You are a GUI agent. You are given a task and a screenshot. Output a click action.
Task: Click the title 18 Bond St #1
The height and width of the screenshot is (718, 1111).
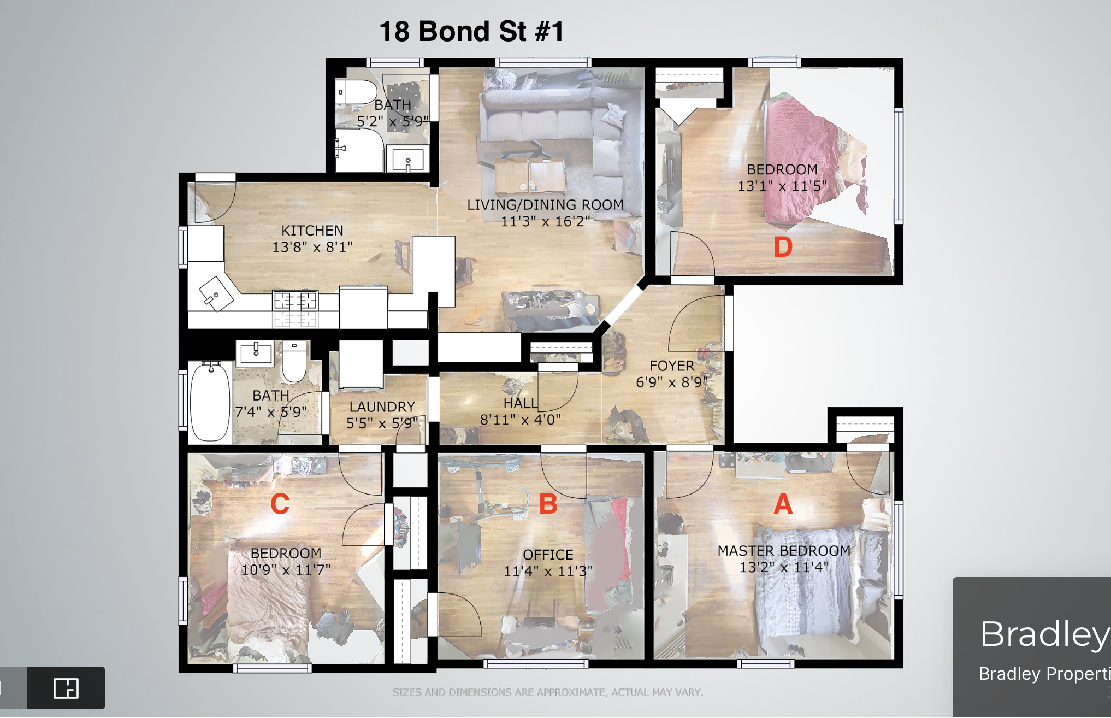click(x=471, y=31)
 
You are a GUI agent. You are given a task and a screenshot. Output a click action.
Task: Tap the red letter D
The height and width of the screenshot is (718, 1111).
click(x=783, y=247)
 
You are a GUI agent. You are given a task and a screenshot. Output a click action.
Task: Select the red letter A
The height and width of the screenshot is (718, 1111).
click(x=783, y=503)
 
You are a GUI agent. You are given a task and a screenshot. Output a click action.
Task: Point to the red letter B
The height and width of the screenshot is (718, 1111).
click(x=548, y=504)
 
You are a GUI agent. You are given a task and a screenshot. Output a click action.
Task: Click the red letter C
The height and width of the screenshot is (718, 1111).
click(x=280, y=504)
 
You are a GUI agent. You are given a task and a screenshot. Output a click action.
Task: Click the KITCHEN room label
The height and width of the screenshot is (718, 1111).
click(x=312, y=231)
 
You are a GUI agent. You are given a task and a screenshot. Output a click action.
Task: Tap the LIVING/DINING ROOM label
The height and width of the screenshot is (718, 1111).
click(x=545, y=205)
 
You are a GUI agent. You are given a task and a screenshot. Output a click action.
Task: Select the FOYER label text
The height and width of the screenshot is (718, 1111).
click(x=672, y=366)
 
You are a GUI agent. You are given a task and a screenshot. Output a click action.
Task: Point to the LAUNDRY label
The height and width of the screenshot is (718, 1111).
click(x=382, y=407)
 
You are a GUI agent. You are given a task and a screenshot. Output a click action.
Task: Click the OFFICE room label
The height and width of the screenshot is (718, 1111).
click(x=548, y=555)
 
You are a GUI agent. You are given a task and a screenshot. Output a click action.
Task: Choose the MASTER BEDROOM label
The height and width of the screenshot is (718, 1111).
click(x=784, y=551)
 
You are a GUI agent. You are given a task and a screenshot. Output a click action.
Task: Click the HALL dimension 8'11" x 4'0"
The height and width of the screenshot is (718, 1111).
click(x=521, y=420)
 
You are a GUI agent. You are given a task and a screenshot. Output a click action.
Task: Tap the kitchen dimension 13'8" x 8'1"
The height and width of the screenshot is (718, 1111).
click(x=312, y=248)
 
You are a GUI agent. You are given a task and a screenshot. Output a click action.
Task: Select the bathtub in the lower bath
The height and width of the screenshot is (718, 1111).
click(x=210, y=401)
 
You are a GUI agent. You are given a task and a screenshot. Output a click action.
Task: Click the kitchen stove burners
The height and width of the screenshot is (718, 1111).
click(x=296, y=301)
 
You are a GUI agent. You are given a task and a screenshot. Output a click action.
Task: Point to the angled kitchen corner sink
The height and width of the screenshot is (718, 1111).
click(x=216, y=293)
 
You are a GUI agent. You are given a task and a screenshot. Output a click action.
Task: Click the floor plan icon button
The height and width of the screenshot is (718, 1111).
click(x=66, y=688)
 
